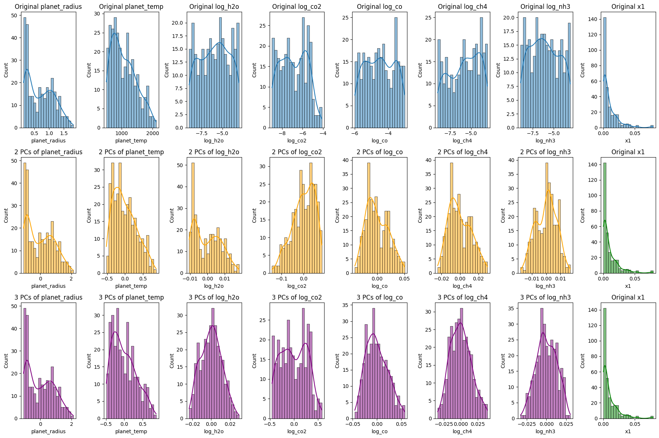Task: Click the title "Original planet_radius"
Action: point(48,7)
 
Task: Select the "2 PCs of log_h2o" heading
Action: point(214,152)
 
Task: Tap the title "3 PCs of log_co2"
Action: point(297,297)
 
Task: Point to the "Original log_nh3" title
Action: point(545,7)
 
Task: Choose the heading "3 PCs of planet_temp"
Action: point(131,297)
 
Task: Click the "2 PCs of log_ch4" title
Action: point(462,152)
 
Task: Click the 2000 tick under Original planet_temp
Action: point(153,133)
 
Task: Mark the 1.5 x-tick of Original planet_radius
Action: point(64,133)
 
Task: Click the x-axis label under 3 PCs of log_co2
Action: point(297,431)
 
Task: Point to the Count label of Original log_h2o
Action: point(166,70)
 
